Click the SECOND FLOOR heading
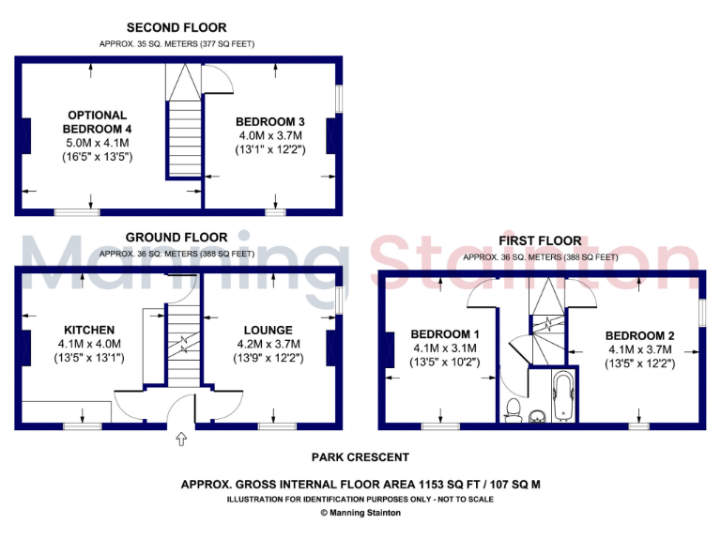[176, 27]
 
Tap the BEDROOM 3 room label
[269, 121]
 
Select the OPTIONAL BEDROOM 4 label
[97, 121]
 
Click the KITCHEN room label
[89, 330]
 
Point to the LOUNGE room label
[268, 330]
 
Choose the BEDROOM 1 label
[445, 334]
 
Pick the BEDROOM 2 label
[640, 335]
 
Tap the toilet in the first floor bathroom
[513, 407]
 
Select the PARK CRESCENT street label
[360, 457]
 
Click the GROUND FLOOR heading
[176, 238]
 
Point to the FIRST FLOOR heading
[540, 241]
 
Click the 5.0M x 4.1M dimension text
[97, 142]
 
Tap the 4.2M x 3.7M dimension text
[268, 344]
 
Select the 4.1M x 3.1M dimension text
[445, 348]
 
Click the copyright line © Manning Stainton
[360, 513]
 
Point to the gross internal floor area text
[360, 485]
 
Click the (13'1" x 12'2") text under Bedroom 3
[269, 149]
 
